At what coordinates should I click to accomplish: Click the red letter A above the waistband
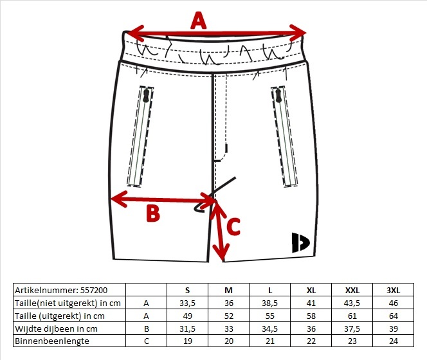[x=199, y=21]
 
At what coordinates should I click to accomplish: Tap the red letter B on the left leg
[x=153, y=213]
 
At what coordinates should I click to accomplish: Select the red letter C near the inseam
[x=233, y=226]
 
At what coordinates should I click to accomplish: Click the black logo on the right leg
[x=300, y=242]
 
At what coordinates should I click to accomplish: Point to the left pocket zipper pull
[x=146, y=96]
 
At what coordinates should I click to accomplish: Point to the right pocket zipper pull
[x=278, y=96]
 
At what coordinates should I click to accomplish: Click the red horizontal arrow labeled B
[x=163, y=199]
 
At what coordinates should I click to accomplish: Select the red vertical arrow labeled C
[x=220, y=231]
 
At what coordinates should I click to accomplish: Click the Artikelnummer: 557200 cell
[x=61, y=290]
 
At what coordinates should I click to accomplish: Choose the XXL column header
[x=352, y=291]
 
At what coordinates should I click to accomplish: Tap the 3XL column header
[x=393, y=291]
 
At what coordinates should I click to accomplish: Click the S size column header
[x=187, y=291]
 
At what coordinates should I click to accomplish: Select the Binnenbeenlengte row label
[x=52, y=341]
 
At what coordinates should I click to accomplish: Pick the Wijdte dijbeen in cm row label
[x=56, y=328]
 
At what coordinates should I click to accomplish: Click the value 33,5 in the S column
[x=187, y=303]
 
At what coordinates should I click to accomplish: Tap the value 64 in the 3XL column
[x=393, y=316]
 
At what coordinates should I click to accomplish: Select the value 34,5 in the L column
[x=269, y=328]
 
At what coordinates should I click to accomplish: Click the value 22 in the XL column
[x=311, y=341]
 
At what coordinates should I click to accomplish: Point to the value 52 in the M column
[x=229, y=316]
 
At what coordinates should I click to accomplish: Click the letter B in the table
[x=146, y=328]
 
